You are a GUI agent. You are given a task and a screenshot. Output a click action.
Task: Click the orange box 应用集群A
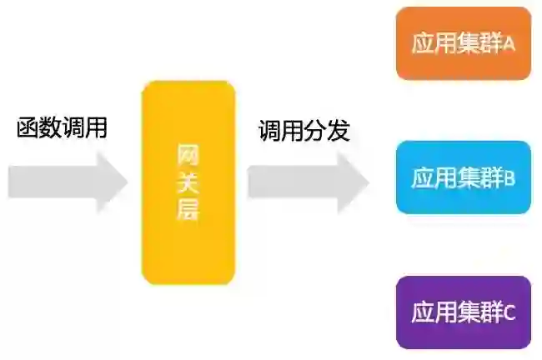463,43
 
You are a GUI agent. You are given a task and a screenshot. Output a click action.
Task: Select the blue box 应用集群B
463,177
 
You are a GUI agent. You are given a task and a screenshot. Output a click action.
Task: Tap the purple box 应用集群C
463,312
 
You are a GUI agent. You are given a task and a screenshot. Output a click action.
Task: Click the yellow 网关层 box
188,182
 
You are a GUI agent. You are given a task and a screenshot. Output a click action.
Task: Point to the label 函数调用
63,128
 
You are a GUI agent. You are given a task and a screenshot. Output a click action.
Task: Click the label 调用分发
304,131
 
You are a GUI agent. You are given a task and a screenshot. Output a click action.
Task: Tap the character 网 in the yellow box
188,153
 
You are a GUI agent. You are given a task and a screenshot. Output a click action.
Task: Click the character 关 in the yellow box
188,182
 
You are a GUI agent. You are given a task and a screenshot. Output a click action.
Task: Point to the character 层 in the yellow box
188,210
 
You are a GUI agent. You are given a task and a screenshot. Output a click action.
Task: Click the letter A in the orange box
509,44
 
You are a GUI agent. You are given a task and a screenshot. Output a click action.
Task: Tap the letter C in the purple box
509,312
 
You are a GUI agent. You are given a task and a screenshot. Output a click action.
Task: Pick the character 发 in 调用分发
338,131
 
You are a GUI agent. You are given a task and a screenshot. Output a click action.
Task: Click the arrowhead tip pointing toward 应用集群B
368,181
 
